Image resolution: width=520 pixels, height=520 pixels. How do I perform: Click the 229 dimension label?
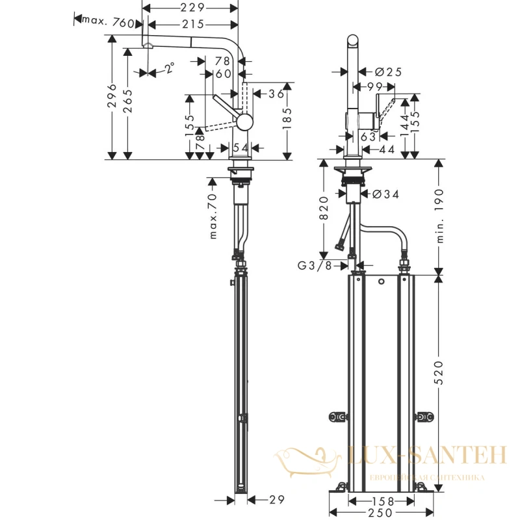(x=192, y=7)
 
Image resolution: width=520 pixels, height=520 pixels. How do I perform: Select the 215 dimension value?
(x=193, y=24)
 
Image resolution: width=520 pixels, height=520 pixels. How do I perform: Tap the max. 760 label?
(x=108, y=22)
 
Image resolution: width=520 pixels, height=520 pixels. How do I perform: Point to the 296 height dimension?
(x=112, y=96)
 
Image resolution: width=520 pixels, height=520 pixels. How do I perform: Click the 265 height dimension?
(x=127, y=101)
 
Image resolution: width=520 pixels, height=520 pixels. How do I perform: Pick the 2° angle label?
(x=170, y=68)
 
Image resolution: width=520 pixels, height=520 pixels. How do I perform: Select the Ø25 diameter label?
(x=388, y=71)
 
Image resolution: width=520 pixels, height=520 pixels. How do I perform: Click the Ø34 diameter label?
(x=385, y=194)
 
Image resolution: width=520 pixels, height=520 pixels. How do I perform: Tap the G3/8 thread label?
(x=315, y=266)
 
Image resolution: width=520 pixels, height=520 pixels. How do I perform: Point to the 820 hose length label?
(x=323, y=208)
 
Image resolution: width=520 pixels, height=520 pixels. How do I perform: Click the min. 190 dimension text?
(x=439, y=216)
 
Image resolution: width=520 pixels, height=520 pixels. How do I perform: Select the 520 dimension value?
(x=439, y=372)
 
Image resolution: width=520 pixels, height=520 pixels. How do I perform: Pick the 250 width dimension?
(x=380, y=513)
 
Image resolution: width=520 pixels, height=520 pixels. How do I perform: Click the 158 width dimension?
(x=382, y=501)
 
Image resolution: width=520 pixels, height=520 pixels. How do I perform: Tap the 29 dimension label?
(x=277, y=499)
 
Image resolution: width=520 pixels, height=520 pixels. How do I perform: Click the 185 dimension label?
(x=287, y=118)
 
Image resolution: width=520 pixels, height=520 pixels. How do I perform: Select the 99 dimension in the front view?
(x=375, y=87)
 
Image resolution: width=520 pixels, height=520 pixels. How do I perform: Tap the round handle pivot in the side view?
(x=245, y=122)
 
